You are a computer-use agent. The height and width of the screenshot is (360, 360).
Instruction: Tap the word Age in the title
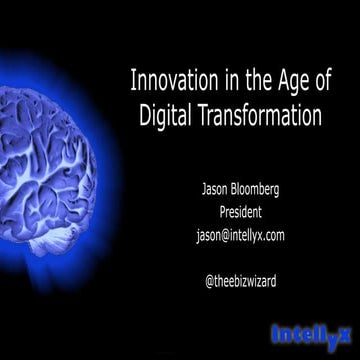pyautogui.click(x=287, y=80)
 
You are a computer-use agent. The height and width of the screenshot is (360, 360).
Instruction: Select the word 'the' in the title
pyautogui.click(x=250, y=79)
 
